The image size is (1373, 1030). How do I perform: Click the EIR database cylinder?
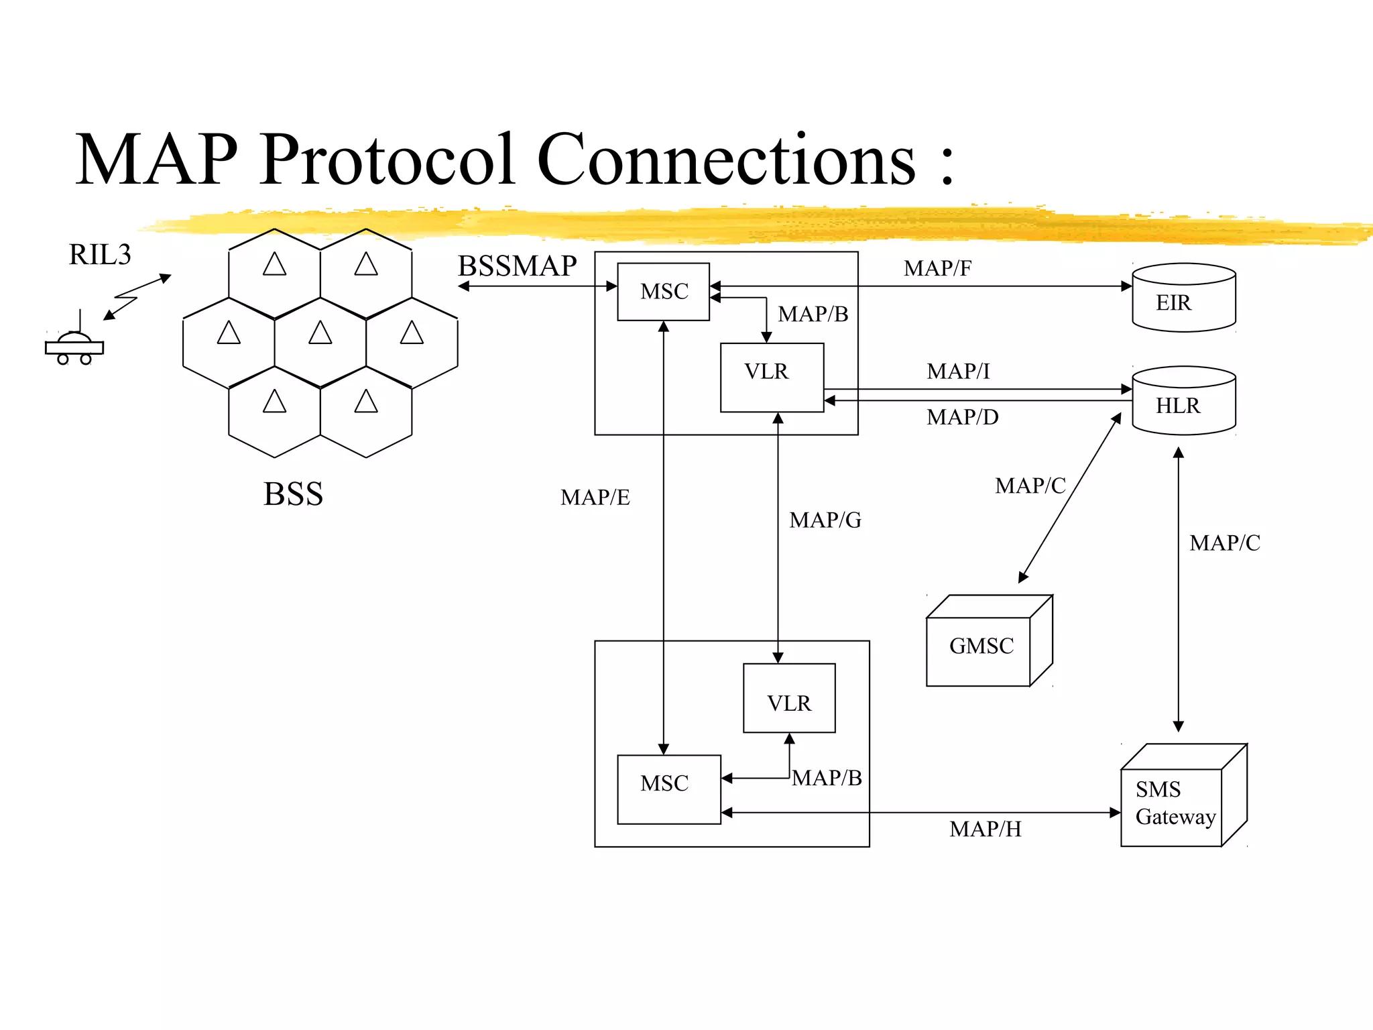1183,298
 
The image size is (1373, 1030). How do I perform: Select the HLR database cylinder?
1183,401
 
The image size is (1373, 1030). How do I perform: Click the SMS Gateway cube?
1175,802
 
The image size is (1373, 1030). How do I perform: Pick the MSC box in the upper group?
663,292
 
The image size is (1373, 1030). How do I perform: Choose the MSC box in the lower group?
668,789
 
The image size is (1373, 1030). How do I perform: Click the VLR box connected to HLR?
772,377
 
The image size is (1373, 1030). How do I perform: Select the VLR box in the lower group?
789,698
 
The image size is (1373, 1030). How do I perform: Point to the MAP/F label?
937,269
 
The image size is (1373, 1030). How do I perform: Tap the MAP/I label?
958,371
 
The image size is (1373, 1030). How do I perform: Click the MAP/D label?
962,418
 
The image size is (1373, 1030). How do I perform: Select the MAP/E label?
595,498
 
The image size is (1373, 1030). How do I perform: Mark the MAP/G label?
825,520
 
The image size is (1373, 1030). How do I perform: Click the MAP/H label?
985,829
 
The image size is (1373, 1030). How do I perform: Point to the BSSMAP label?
517,266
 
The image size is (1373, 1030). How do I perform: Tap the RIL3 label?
100,255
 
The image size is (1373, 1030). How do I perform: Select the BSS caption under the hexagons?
293,494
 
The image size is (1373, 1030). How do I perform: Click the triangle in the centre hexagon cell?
320,333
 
